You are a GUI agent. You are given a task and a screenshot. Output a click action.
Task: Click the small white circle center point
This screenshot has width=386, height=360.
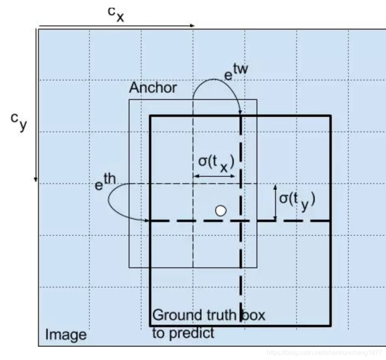[x=221, y=210]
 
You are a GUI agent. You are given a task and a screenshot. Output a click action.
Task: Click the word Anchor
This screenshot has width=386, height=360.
[x=153, y=88]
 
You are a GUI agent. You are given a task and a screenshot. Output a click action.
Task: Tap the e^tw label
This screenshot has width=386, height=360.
[x=236, y=73]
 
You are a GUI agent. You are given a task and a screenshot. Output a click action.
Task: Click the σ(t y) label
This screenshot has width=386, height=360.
[x=297, y=200]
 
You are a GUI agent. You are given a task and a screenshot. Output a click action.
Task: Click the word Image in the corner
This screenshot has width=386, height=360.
[x=66, y=335]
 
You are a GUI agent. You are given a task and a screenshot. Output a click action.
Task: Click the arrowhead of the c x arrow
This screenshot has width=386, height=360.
[x=193, y=26]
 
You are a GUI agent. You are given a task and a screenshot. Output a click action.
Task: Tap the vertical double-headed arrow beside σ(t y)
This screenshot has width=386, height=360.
[x=275, y=203]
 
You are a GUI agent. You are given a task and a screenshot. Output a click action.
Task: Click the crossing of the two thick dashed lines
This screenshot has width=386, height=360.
[x=241, y=221]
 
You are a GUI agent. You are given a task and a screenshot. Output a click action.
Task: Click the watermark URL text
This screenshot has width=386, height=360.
[x=326, y=353]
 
